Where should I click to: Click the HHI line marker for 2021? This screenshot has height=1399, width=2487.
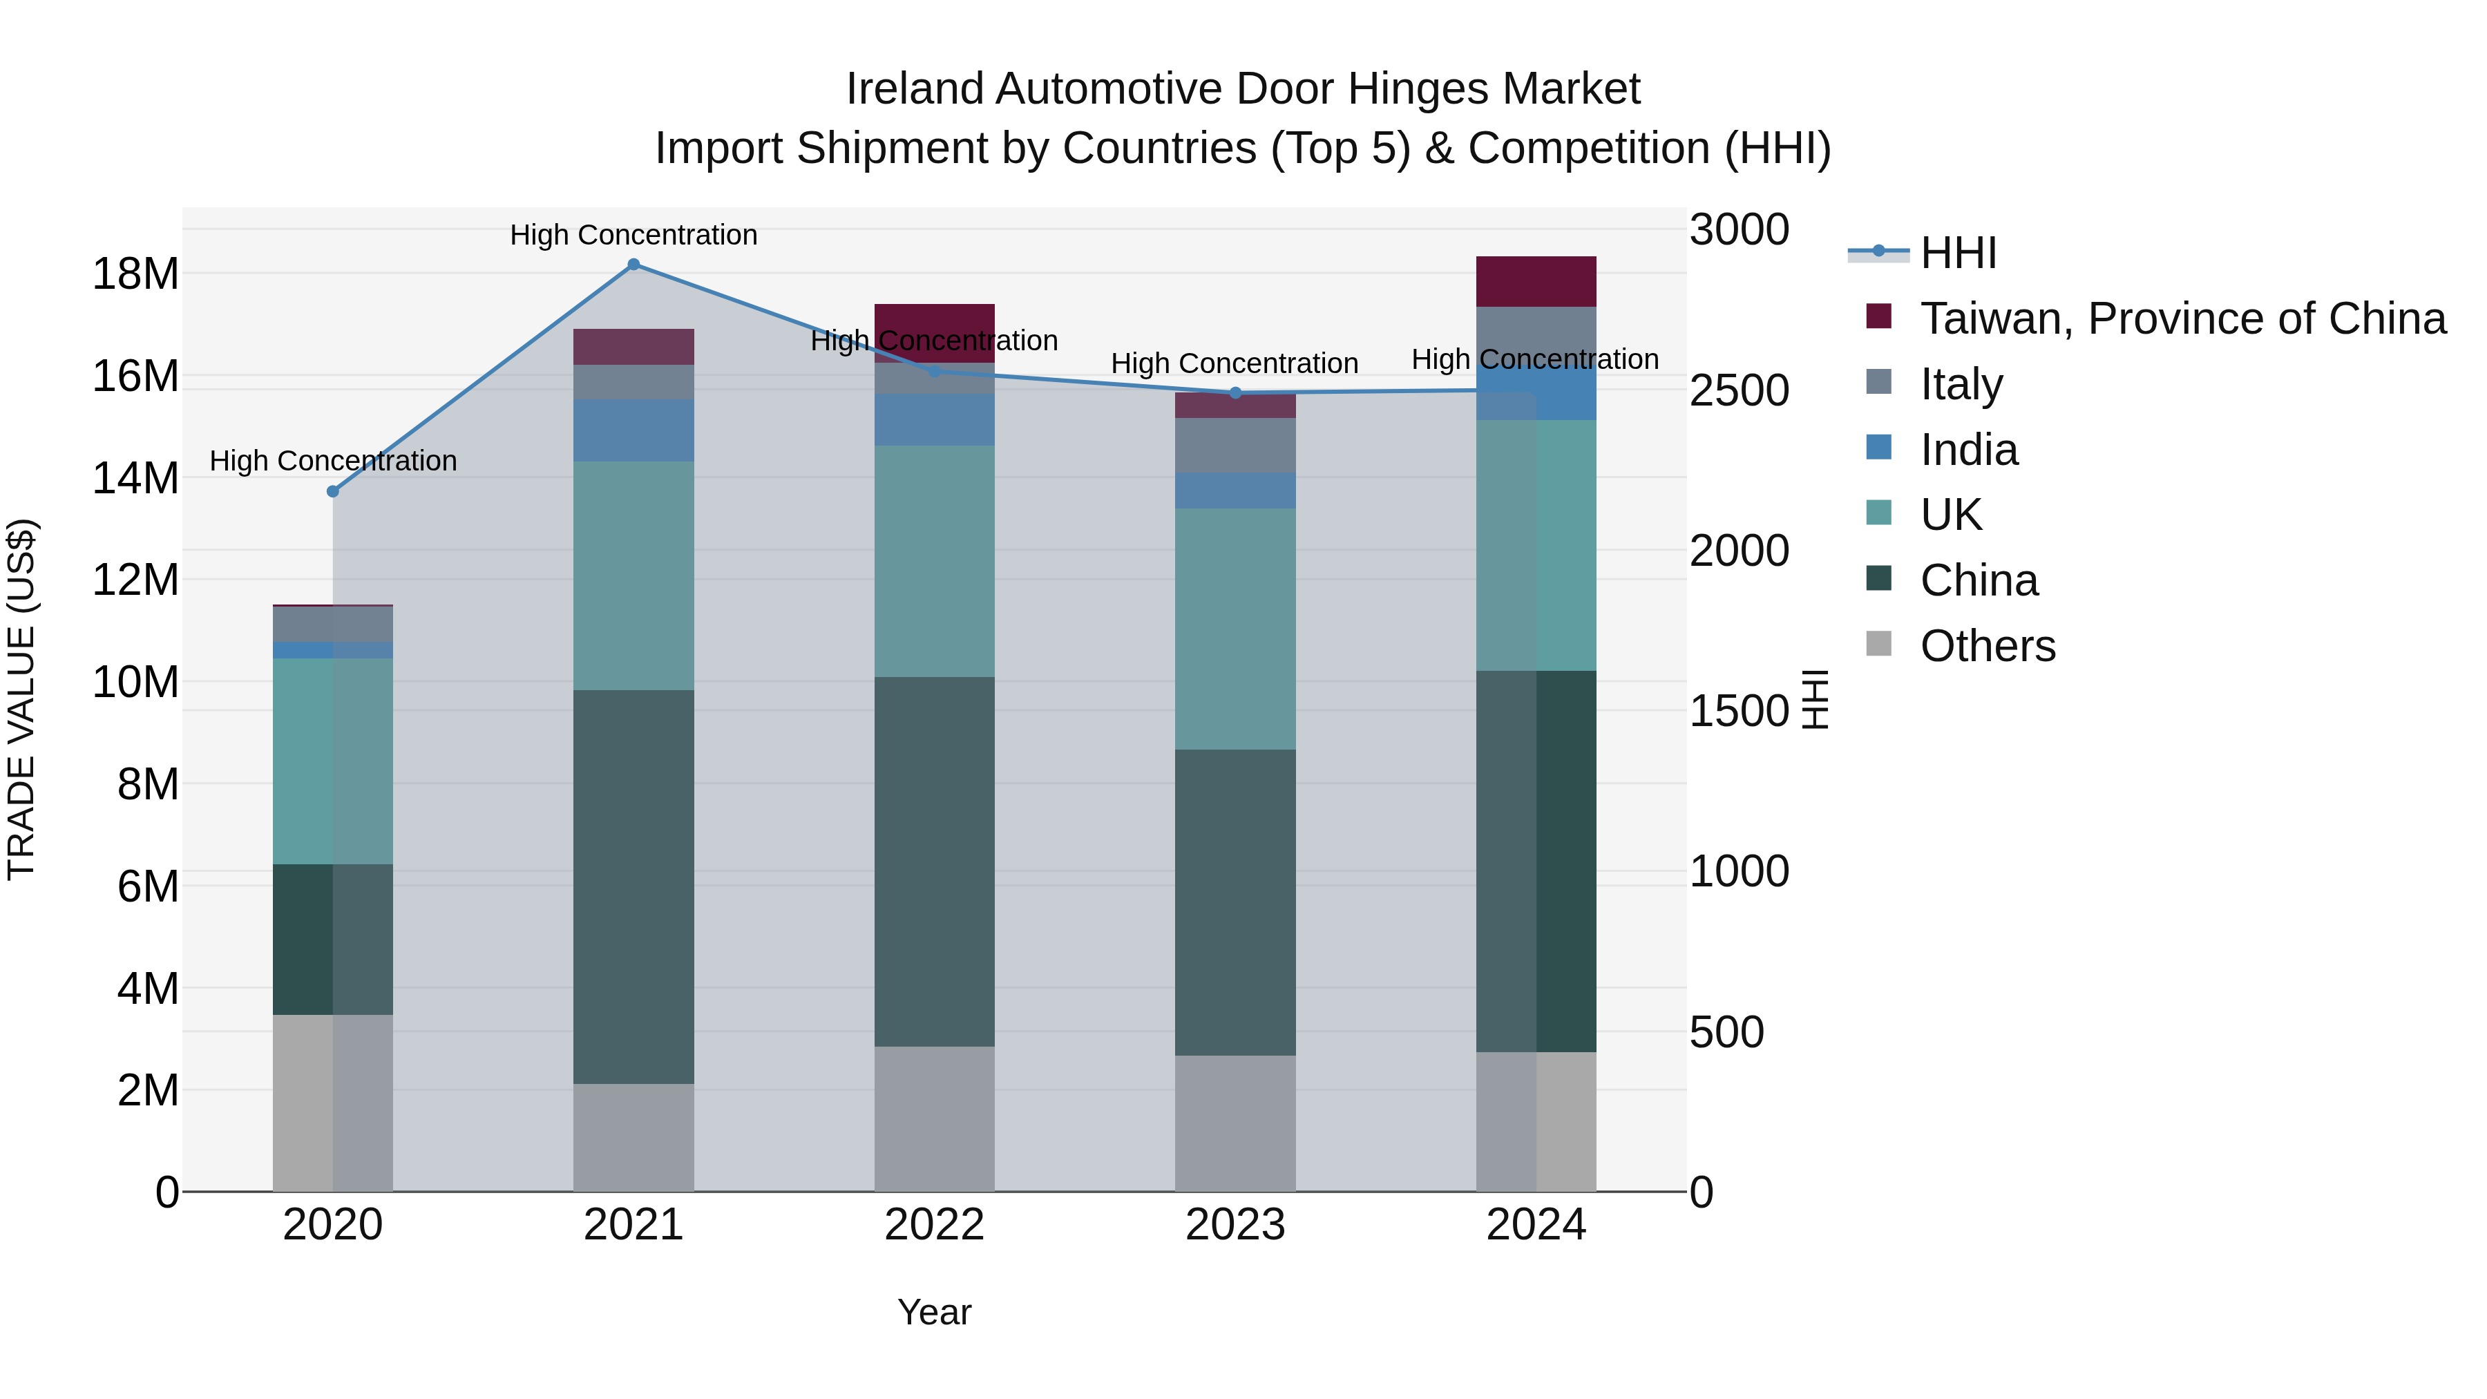pos(633,265)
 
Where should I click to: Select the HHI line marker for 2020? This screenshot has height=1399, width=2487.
pos(333,491)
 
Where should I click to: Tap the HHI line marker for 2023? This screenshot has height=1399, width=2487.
pos(1235,393)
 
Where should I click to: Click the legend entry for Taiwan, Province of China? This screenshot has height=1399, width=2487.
pos(2182,318)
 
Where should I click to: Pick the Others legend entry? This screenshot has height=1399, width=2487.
pos(1987,646)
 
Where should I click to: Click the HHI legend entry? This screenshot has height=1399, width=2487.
pos(1957,253)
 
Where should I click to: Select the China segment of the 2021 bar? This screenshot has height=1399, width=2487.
pos(633,886)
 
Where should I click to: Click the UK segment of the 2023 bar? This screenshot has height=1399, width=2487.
pos(1235,629)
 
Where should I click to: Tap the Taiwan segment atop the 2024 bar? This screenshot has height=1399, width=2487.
pos(1535,282)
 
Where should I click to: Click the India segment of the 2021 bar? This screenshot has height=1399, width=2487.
pos(633,430)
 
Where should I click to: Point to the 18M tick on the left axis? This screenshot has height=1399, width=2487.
pos(135,274)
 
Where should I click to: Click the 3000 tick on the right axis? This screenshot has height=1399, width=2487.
pos(1739,230)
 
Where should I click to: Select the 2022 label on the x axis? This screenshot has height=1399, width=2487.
pos(933,1225)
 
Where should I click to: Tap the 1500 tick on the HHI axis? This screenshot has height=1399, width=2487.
pos(1739,712)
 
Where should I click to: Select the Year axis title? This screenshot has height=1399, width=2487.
pos(933,1312)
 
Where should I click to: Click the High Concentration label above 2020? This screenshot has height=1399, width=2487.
pos(333,461)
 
